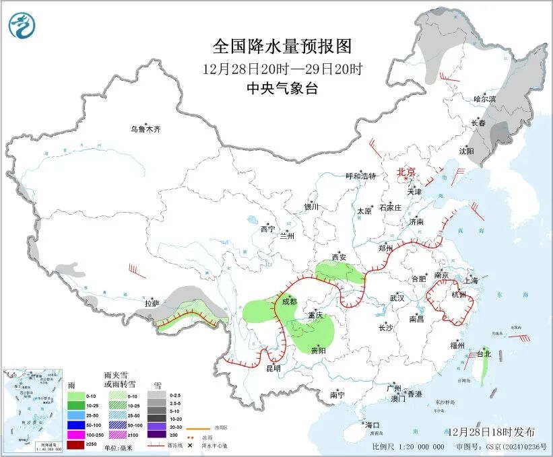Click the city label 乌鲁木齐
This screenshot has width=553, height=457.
[146, 129]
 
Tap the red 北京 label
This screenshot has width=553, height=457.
[407, 172]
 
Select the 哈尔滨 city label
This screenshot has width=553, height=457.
[484, 99]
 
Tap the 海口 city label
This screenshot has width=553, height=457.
[372, 425]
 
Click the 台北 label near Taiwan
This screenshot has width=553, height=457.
[484, 353]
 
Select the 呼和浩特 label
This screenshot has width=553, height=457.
[360, 176]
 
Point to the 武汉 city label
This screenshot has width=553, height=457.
[397, 297]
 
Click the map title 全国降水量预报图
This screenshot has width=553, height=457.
[282, 46]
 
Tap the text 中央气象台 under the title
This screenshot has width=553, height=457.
[282, 89]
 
